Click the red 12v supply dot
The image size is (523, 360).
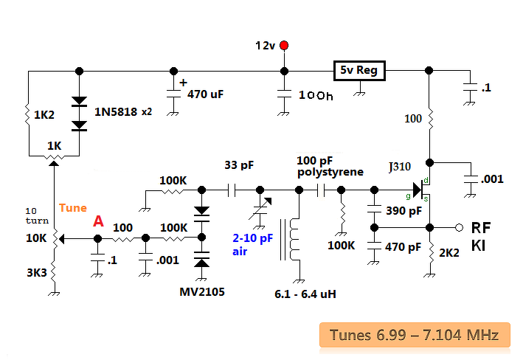tap(284, 46)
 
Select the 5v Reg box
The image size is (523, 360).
tap(360, 71)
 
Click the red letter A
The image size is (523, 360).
tap(98, 221)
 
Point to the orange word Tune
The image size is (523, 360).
tap(73, 208)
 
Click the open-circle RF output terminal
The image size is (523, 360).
tap(458, 226)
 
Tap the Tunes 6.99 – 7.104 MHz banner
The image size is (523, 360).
tap(419, 336)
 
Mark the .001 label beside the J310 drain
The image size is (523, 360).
tap(492, 179)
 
